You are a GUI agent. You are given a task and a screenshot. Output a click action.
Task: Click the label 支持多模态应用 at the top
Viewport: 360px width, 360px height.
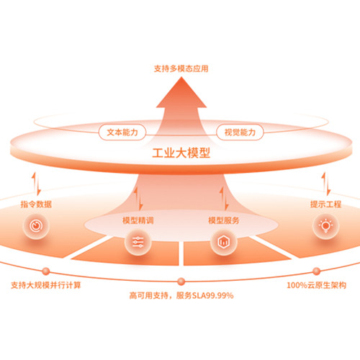[181, 68]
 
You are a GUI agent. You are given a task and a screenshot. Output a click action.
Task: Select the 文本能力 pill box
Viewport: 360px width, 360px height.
[122, 132]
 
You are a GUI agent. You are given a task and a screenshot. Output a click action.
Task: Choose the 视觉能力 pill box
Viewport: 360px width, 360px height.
[240, 132]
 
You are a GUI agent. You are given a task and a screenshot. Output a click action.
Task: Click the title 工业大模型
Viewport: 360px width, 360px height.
[181, 153]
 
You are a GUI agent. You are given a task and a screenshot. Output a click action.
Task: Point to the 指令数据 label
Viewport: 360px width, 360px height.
[36, 204]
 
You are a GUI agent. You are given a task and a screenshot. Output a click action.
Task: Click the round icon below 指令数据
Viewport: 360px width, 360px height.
[36, 225]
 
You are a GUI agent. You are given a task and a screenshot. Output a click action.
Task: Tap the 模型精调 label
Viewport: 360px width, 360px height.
[138, 220]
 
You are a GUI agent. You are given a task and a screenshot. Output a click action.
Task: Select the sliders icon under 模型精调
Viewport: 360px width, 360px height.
[138, 242]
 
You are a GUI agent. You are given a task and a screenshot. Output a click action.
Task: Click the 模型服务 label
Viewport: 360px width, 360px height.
[224, 220]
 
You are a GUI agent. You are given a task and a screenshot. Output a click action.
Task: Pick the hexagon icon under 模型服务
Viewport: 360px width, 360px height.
[224, 242]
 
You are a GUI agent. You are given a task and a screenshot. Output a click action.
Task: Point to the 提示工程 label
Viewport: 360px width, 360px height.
[325, 204]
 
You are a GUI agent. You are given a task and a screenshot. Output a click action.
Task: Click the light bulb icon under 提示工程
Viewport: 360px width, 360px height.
[325, 225]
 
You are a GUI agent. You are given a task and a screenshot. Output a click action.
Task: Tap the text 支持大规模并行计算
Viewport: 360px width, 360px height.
[46, 285]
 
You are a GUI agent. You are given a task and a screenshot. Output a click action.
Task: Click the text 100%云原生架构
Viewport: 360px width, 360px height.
[317, 285]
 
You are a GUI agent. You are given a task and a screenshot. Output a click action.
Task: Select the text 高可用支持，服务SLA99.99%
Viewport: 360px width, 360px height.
[181, 295]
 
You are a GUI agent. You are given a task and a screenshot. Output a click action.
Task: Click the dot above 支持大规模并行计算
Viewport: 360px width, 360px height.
[46, 271]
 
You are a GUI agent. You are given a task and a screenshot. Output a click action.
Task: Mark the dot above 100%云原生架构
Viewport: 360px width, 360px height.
[317, 271]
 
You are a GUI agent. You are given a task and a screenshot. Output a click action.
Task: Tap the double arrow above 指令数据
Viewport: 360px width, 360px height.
[36, 184]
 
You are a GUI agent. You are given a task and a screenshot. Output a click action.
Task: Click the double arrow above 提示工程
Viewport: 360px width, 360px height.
[326, 184]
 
